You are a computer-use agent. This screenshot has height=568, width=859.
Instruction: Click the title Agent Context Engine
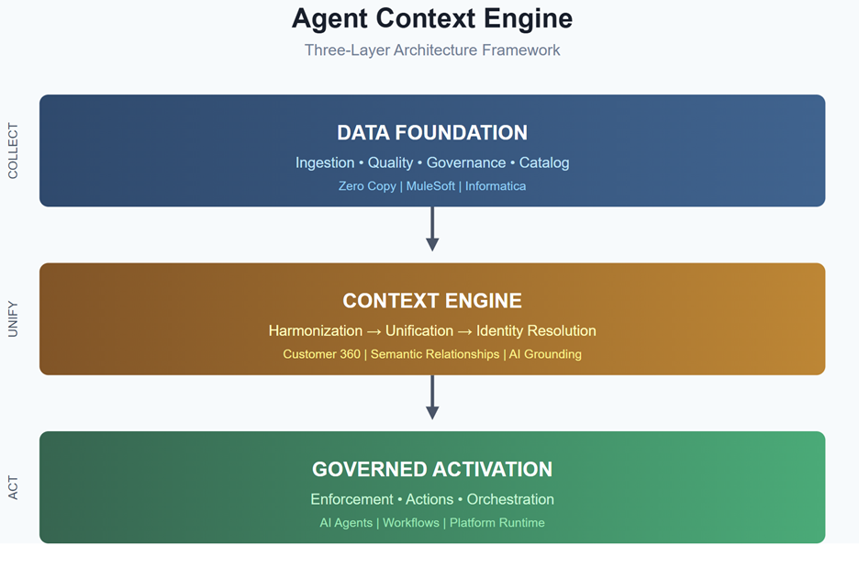click(431, 18)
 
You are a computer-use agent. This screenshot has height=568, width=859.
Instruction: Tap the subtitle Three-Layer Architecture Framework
click(431, 50)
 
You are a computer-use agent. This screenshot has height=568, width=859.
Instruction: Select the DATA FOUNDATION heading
click(431, 133)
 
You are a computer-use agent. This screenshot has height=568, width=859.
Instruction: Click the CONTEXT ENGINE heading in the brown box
click(431, 301)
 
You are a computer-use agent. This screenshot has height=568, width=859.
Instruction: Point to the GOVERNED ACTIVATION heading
click(431, 470)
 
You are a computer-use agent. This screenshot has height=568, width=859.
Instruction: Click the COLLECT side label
click(13, 150)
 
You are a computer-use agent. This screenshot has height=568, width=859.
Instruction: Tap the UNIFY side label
click(13, 319)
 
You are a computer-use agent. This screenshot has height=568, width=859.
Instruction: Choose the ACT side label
click(13, 488)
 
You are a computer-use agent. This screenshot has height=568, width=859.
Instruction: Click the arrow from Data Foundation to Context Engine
click(432, 228)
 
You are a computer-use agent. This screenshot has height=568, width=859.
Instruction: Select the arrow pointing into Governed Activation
click(432, 397)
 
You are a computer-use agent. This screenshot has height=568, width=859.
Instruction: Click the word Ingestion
click(325, 162)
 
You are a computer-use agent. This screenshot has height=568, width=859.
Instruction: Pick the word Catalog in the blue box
click(544, 162)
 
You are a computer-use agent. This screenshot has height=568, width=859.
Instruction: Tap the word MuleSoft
click(430, 186)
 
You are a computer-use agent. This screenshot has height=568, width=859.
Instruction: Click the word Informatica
click(496, 186)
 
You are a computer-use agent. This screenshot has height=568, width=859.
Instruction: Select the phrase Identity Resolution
click(536, 331)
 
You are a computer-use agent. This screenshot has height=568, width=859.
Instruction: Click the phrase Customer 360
click(321, 354)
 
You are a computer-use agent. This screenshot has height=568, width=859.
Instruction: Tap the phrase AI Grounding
click(545, 354)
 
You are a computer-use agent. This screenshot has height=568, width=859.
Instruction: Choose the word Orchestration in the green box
click(510, 500)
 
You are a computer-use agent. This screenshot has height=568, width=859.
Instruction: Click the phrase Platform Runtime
click(496, 523)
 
